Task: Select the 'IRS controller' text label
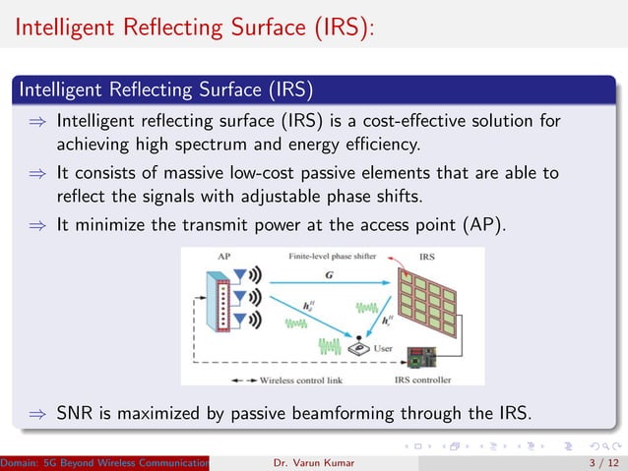tap(423, 379)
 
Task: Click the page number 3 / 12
tap(597, 461)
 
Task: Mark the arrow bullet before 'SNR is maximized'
tap(35, 414)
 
